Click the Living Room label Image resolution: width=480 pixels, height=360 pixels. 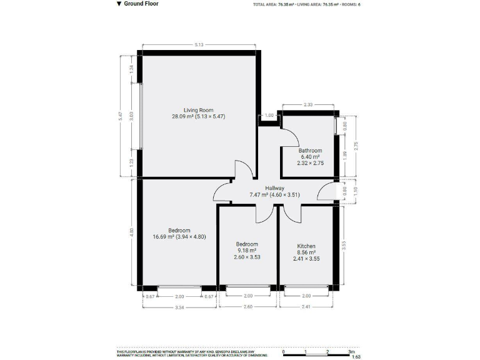198,110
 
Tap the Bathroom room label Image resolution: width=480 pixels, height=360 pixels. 310,151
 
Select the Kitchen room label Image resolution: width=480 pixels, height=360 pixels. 306,246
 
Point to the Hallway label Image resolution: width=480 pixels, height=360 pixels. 274,188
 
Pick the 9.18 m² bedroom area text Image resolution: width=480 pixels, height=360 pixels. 247,250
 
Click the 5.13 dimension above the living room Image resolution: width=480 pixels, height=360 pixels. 199,45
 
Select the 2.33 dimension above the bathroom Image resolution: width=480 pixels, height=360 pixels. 308,105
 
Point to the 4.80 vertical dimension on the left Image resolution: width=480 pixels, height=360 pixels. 131,231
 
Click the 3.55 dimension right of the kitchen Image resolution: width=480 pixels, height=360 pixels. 344,246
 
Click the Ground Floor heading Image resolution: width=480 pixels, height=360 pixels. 141,4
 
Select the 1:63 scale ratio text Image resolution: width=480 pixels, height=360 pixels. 356,357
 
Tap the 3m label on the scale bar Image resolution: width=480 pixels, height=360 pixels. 351,351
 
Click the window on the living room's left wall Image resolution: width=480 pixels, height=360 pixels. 140,115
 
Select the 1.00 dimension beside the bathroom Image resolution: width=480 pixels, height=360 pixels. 269,116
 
